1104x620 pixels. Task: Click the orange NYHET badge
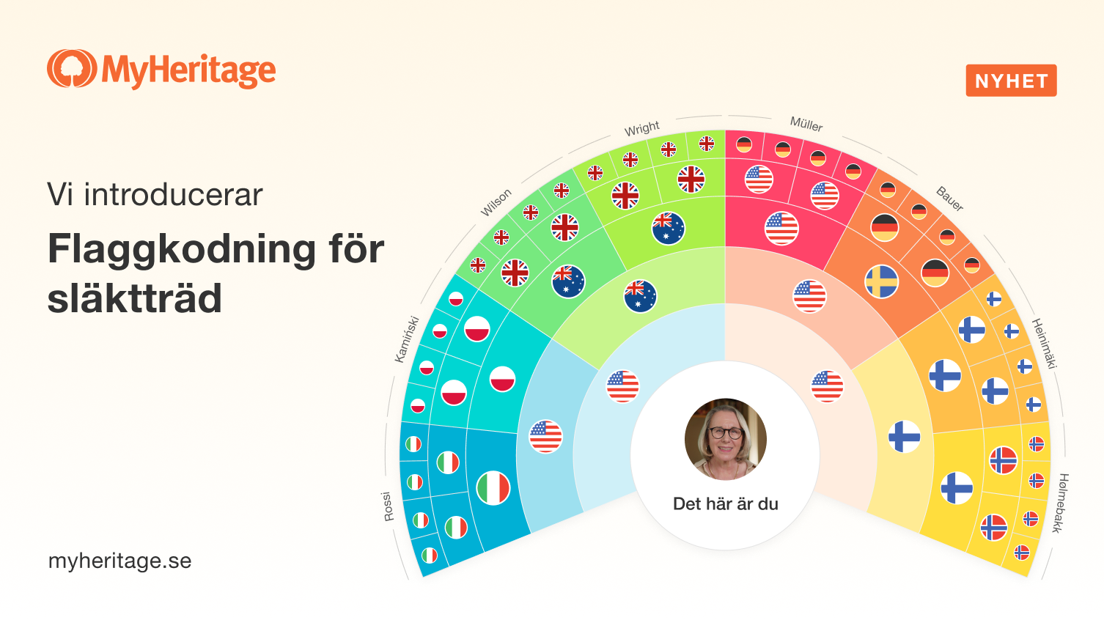point(1011,81)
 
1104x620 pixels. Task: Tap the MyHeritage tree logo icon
point(72,68)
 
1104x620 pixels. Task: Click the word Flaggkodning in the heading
point(181,250)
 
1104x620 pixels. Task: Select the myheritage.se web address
point(119,561)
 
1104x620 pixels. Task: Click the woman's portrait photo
point(726,439)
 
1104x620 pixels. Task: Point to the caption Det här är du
point(726,503)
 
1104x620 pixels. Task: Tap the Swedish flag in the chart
point(881,282)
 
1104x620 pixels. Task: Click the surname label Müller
point(806,124)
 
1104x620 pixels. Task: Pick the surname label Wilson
point(496,202)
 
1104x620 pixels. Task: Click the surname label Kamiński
point(407,339)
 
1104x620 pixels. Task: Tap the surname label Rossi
point(388,506)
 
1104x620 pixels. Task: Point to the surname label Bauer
point(949,199)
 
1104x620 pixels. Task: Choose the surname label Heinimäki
point(1045,344)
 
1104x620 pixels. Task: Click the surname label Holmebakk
point(1061,503)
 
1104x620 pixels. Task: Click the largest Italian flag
point(493,488)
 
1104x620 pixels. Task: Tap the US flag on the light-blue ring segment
point(545,437)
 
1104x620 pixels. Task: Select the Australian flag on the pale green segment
point(640,296)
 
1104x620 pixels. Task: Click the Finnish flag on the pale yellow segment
point(904,437)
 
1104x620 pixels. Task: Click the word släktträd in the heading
point(135,299)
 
